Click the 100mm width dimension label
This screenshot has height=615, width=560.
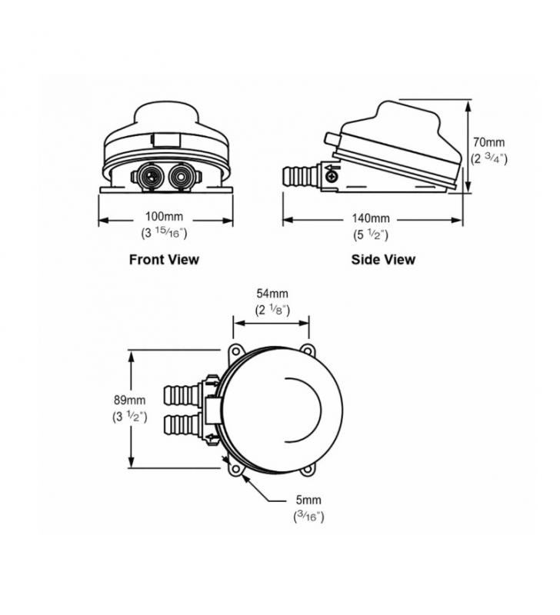point(164,216)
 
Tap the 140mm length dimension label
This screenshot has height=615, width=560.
point(371,218)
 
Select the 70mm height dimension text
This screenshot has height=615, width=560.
point(488,142)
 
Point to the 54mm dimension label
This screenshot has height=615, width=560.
point(272,294)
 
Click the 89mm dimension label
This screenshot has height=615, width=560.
point(129,400)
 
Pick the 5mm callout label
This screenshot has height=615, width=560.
point(308,500)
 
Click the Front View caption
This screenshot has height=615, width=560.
point(164,259)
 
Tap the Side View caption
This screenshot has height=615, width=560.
point(383,259)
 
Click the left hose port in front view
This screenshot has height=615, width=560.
point(148,177)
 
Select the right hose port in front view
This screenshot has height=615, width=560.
point(182,177)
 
